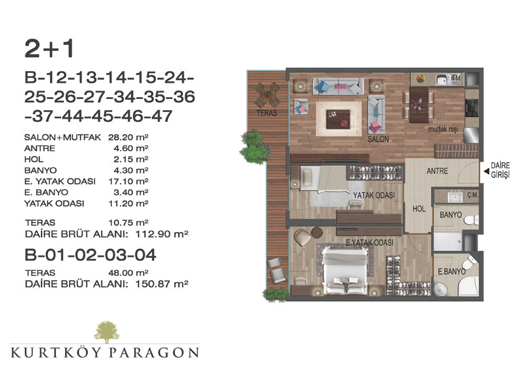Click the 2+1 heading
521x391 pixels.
pyautogui.click(x=49, y=49)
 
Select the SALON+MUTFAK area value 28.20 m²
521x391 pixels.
pyautogui.click(x=128, y=137)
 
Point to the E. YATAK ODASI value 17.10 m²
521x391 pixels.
pyautogui.click(x=128, y=181)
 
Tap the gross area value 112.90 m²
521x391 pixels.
pyautogui.click(x=162, y=234)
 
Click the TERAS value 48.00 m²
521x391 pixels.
pyautogui.click(x=128, y=272)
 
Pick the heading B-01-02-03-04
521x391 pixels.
pyautogui.click(x=91, y=255)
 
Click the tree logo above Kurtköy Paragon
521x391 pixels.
pyautogui.click(x=106, y=332)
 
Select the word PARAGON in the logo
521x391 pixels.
pyautogui.click(x=154, y=353)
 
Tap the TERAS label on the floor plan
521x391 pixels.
pyautogui.click(x=266, y=113)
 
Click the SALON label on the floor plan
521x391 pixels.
pyautogui.click(x=378, y=139)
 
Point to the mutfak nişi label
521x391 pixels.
pyautogui.click(x=443, y=128)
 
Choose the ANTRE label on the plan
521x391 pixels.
pyautogui.click(x=437, y=171)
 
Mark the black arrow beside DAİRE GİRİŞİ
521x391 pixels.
pyautogui.click(x=486, y=171)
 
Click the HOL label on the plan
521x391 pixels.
pyautogui.click(x=419, y=209)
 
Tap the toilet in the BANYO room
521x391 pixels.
pyautogui.click(x=472, y=220)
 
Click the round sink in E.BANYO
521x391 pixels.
pyautogui.click(x=442, y=289)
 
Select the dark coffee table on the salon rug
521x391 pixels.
pyautogui.click(x=338, y=119)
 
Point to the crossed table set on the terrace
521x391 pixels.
pyautogui.click(x=267, y=94)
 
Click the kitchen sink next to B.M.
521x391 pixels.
pyautogui.click(x=441, y=80)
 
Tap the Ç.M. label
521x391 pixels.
pyautogui.click(x=472, y=195)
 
